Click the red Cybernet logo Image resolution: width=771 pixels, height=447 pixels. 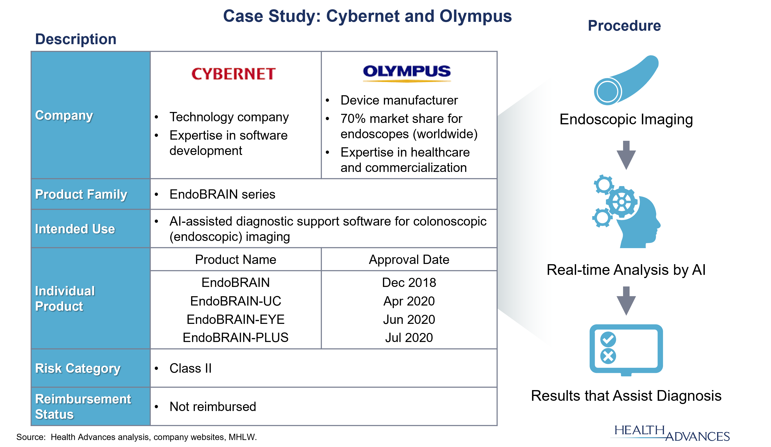pyautogui.click(x=233, y=74)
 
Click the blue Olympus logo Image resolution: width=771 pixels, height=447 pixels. pyautogui.click(x=407, y=73)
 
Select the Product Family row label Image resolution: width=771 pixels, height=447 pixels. pyautogui.click(x=81, y=194)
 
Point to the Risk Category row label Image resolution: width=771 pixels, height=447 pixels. pyautogui.click(x=78, y=368)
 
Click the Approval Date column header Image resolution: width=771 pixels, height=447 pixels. pyautogui.click(x=409, y=260)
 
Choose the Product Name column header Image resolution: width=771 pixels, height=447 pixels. pyautogui.click(x=235, y=260)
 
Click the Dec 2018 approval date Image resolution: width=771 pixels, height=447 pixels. pyautogui.click(x=409, y=283)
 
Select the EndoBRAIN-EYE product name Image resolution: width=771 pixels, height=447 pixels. pyautogui.click(x=235, y=319)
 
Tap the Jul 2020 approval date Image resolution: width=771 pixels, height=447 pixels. pyautogui.click(x=409, y=338)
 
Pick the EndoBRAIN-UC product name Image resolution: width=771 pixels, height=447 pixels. pyautogui.click(x=235, y=301)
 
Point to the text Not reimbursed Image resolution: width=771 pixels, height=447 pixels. pyautogui.click(x=213, y=407)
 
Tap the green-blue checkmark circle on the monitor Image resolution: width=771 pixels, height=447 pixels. pyautogui.click(x=608, y=339)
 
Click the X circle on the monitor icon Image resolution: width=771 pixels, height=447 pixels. pyautogui.click(x=608, y=356)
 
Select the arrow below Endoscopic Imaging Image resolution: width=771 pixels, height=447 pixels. pyautogui.click(x=626, y=155)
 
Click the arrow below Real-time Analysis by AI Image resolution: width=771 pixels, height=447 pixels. pyautogui.click(x=626, y=301)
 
